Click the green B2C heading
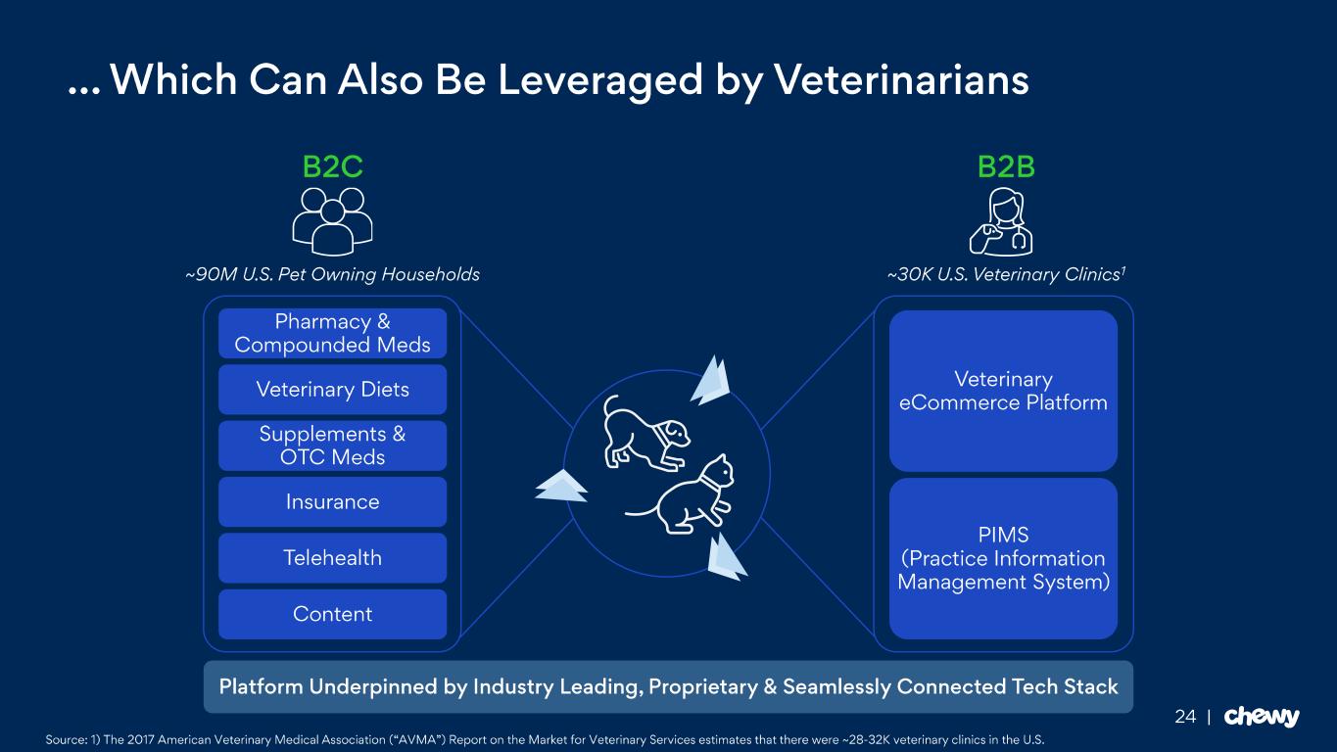pos(332,166)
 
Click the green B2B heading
pos(1006,166)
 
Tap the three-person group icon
pos(332,221)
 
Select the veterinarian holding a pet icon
pos(1001,221)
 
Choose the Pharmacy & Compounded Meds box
pos(332,333)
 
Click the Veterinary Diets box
pos(332,389)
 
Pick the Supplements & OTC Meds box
pos(332,446)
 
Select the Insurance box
pos(332,501)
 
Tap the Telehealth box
pos(332,557)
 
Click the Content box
pos(332,614)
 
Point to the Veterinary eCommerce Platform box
pos(1003,391)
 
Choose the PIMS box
pos(1003,559)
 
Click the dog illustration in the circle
pos(645,432)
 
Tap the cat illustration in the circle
pos(681,494)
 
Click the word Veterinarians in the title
pos(901,79)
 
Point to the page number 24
pos(1185,716)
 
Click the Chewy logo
pos(1262,716)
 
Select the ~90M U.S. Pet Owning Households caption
pos(332,274)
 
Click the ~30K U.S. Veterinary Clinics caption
pos(1006,274)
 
